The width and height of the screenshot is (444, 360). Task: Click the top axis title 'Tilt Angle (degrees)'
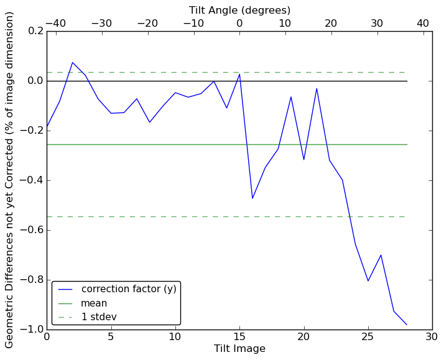239,10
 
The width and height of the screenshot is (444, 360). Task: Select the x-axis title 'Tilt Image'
239,349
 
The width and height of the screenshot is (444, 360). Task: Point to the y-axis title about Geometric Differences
10,180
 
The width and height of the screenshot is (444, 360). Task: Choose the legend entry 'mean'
94,303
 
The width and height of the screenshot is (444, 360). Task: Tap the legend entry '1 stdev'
99,317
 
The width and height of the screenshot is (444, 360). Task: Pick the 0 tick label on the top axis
239,24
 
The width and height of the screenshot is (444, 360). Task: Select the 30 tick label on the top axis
377,24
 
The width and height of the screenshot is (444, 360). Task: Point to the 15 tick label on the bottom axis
239,337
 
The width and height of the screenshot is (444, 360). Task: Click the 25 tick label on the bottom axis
368,337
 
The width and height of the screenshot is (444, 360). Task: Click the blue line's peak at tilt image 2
72,62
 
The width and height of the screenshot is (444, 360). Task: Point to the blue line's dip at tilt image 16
252,198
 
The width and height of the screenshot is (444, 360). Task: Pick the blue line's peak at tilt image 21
317,88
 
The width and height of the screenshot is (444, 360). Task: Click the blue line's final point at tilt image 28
407,325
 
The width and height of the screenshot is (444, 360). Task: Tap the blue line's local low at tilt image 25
368,281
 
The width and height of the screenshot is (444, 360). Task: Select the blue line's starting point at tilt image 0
47,128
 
